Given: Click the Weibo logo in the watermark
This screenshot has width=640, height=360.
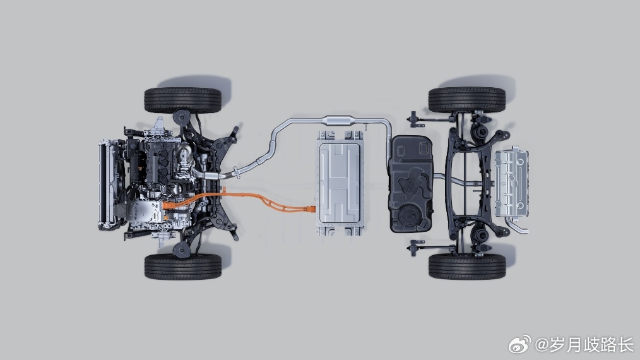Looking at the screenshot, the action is [519, 344].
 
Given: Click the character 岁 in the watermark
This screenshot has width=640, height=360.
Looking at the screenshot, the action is [558, 345].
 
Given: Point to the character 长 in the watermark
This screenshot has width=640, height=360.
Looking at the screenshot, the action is [625, 345].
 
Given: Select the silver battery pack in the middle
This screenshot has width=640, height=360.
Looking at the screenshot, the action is [340, 183].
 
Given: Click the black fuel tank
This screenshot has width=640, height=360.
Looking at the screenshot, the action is [411, 184].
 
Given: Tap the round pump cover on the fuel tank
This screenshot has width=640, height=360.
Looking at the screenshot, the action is [410, 215].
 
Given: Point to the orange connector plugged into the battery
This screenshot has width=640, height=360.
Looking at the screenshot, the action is [311, 209].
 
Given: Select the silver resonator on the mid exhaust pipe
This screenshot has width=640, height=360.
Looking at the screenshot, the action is [339, 121].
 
